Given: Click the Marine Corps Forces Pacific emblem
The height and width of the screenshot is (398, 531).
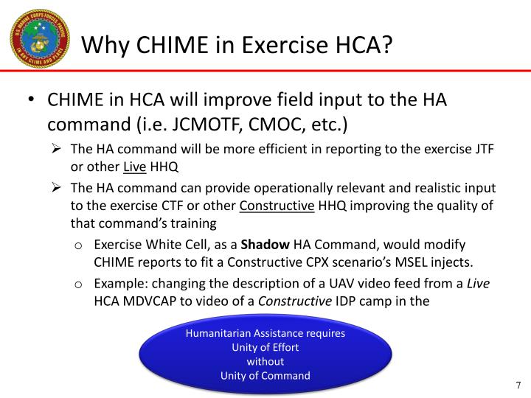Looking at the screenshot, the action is click(40, 38).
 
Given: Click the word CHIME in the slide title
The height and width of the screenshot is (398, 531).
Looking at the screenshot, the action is click(173, 45).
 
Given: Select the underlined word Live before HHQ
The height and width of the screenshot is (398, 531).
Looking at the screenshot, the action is click(135, 167).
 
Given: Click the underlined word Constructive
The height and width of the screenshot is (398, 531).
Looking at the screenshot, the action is click(277, 206).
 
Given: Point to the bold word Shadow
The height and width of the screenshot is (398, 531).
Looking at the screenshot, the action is click(265, 245).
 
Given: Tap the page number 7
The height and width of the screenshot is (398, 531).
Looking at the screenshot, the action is click(518, 385).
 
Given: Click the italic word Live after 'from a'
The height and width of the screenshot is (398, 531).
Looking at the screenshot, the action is click(478, 283).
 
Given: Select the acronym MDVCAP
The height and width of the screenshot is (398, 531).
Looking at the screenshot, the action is click(150, 301).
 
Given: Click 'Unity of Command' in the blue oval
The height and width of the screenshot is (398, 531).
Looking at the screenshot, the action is click(265, 376).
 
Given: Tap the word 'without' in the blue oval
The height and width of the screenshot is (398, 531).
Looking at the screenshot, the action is click(265, 361).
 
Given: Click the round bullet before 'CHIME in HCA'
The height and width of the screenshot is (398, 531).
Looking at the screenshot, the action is click(31, 99).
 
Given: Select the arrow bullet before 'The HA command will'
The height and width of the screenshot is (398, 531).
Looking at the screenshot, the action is click(56, 149).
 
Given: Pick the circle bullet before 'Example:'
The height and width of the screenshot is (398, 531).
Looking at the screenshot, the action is click(78, 284).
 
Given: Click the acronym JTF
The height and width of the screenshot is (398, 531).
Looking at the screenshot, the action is click(484, 149).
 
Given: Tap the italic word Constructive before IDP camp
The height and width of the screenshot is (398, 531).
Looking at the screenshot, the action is click(294, 301).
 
